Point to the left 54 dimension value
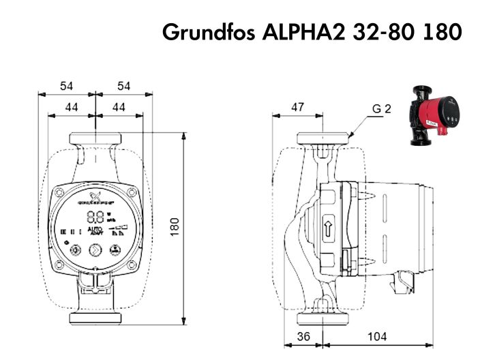click(x=66, y=86)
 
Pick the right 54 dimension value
click(x=123, y=86)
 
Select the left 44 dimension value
click(x=71, y=107)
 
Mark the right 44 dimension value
click(x=119, y=107)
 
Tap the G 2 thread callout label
click(x=382, y=108)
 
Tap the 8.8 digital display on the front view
click(x=96, y=217)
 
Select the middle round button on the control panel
click(x=95, y=250)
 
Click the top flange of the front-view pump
click(x=95, y=139)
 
